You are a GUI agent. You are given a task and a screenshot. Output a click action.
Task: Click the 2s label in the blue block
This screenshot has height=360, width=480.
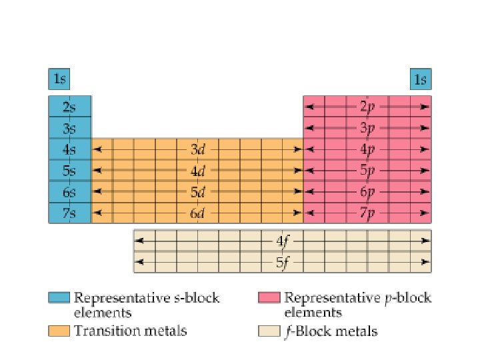coord(69,107)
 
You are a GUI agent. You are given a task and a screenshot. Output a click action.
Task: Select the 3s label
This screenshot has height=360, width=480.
coord(69,128)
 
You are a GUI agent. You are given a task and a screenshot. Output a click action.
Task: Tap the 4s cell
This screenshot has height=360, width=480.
coord(69,149)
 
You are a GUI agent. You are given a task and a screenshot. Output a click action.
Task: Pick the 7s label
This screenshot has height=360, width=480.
coord(69,213)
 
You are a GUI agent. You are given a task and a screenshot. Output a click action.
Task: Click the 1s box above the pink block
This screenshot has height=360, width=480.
coord(420,80)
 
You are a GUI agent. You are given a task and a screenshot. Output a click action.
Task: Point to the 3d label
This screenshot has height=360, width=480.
coord(198,149)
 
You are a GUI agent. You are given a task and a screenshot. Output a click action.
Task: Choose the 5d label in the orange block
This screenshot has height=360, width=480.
coord(198,192)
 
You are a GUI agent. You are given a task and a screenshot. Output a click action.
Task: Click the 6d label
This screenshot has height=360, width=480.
coord(198,213)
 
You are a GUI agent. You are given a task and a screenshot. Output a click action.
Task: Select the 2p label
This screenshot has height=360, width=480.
coord(367,107)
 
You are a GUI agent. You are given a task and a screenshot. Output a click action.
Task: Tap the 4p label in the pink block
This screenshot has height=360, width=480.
coord(367,149)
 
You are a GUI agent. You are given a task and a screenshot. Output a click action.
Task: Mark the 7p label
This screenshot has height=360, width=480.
coord(367,213)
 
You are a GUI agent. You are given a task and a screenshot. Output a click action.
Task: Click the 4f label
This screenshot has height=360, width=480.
coord(283,241)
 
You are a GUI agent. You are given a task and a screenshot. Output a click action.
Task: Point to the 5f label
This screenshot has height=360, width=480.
coord(283,262)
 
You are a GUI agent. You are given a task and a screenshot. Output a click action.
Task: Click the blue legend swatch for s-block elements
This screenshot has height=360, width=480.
coord(59,298)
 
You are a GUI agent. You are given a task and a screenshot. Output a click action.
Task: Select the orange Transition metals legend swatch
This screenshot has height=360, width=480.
coord(59,330)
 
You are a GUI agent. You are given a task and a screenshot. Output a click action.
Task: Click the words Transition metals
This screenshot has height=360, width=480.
coord(130,331)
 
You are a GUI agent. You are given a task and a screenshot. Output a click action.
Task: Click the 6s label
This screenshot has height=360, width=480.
coord(69,192)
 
